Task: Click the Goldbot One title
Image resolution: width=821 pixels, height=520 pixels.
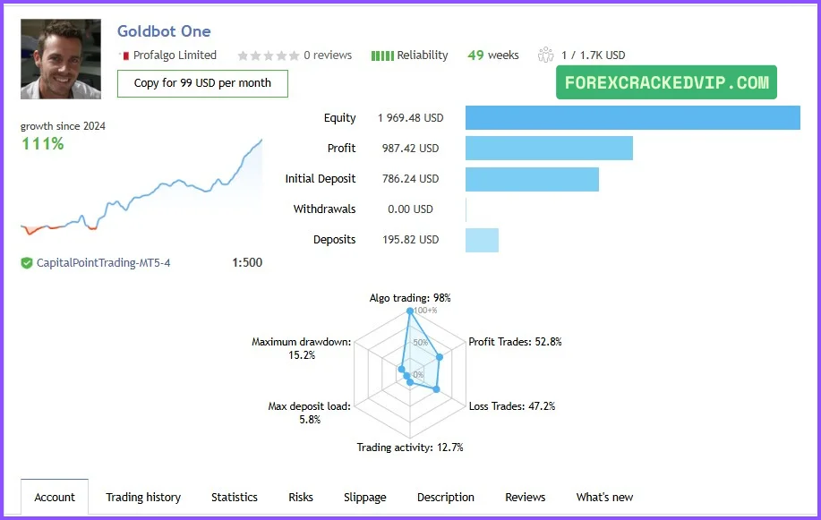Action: pyautogui.click(x=164, y=31)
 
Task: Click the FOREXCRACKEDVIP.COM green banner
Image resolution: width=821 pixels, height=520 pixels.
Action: pyautogui.click(x=666, y=82)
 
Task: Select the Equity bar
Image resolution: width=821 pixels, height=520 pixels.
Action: pyautogui.click(x=632, y=118)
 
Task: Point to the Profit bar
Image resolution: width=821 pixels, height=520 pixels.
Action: pyautogui.click(x=549, y=149)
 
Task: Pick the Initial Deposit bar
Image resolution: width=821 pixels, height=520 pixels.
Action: pyautogui.click(x=532, y=179)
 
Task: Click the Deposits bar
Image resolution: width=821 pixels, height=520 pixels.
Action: pyautogui.click(x=482, y=240)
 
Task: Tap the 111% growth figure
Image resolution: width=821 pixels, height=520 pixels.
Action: pyautogui.click(x=42, y=143)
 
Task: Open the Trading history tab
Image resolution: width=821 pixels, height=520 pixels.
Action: pyautogui.click(x=143, y=498)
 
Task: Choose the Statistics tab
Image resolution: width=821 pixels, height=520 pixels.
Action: pyautogui.click(x=235, y=498)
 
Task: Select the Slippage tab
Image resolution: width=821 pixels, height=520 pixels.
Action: pyautogui.click(x=365, y=498)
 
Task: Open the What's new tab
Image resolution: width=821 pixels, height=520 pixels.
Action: pyautogui.click(x=604, y=498)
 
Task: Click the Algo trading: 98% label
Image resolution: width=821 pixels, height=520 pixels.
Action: pyautogui.click(x=410, y=297)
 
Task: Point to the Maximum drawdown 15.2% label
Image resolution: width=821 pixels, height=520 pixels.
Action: pyautogui.click(x=301, y=348)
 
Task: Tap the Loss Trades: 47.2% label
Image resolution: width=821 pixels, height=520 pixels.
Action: pyautogui.click(x=512, y=406)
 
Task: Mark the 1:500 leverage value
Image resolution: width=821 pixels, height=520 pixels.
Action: pyautogui.click(x=247, y=263)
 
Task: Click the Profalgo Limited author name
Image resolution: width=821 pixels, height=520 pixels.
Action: pyautogui.click(x=175, y=55)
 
